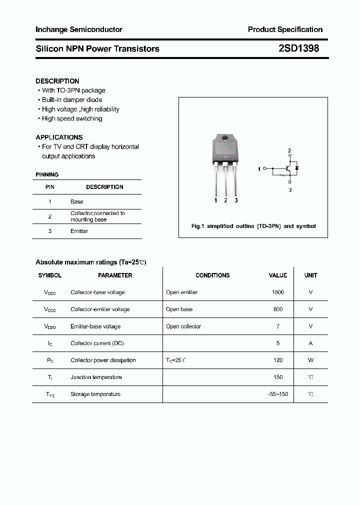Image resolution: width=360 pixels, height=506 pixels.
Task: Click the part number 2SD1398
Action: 298,48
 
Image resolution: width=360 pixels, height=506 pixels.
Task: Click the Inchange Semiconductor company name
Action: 79,29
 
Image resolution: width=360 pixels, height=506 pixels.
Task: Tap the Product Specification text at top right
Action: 285,29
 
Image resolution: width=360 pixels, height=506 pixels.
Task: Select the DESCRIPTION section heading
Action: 57,81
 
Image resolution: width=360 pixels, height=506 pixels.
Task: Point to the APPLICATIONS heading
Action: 59,137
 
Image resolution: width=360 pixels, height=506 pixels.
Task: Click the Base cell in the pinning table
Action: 77,201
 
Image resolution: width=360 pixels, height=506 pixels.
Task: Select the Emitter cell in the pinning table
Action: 79,231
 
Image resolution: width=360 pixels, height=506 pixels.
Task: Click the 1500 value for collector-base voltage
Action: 278,292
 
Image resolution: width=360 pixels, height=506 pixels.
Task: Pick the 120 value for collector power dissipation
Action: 278,360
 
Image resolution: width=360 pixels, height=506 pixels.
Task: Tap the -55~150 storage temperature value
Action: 278,394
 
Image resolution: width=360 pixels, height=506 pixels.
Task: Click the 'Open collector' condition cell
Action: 183,326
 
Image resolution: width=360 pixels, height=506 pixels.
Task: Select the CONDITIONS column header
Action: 212,275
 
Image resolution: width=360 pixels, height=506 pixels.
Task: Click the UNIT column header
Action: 310,275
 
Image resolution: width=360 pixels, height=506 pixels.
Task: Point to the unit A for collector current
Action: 310,343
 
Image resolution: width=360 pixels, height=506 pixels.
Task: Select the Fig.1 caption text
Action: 253,226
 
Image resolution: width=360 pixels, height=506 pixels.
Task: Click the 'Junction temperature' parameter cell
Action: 96,377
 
